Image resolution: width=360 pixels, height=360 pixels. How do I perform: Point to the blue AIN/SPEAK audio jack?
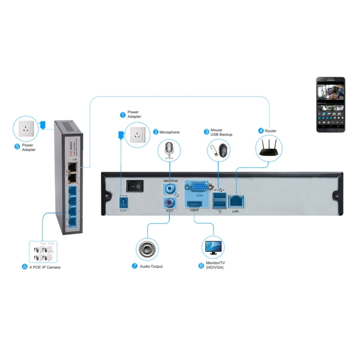(169, 189)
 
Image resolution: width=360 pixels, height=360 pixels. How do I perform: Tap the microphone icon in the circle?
(168, 149)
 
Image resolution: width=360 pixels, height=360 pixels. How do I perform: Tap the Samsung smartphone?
(331, 104)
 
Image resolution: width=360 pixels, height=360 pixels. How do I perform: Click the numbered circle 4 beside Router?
(261, 130)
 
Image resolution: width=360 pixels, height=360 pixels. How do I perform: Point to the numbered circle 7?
(135, 265)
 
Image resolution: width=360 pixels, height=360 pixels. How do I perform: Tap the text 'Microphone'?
(169, 132)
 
